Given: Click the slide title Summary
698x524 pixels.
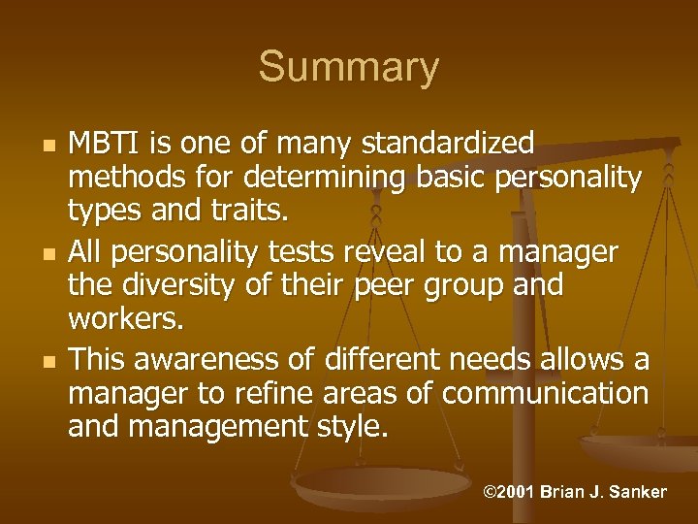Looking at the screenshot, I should coord(348,68).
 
